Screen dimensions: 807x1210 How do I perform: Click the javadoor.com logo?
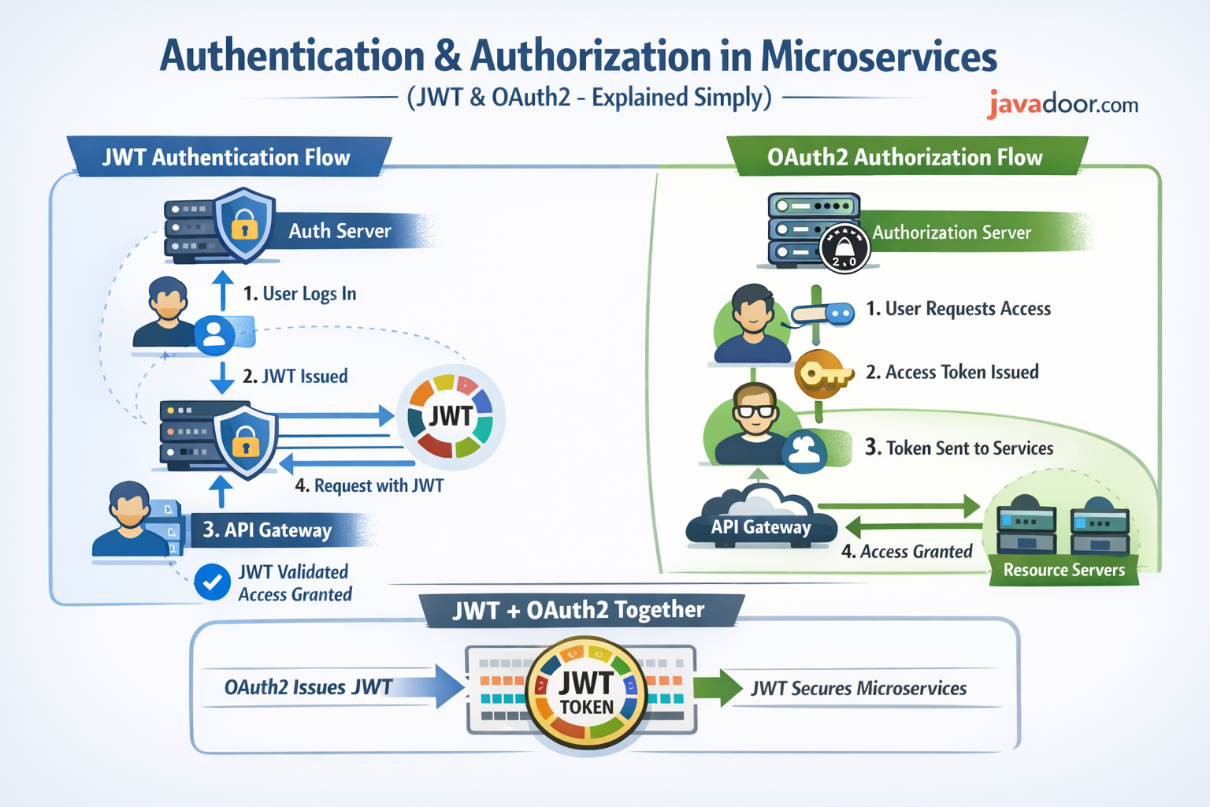(1061, 104)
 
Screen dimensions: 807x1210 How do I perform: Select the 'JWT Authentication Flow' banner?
(226, 157)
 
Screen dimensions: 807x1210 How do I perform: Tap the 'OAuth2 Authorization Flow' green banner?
(904, 157)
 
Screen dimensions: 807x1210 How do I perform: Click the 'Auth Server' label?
(340, 231)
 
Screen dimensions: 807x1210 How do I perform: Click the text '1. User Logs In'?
(299, 294)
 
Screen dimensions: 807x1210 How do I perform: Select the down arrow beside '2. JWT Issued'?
(222, 377)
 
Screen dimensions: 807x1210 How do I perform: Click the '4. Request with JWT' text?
(369, 485)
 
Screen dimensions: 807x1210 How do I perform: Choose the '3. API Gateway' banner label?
(268, 530)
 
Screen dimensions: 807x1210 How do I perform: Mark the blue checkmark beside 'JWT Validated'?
(212, 582)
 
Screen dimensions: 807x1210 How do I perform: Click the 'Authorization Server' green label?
(951, 232)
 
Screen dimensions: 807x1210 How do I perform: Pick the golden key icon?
(822, 374)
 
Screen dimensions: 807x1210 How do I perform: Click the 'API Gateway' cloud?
(760, 520)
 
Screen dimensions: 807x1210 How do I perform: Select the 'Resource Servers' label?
(1063, 570)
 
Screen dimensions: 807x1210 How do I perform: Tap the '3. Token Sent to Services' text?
(959, 448)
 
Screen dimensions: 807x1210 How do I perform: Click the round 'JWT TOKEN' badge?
(586, 693)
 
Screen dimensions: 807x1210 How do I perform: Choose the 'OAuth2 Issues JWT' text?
(308, 687)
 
